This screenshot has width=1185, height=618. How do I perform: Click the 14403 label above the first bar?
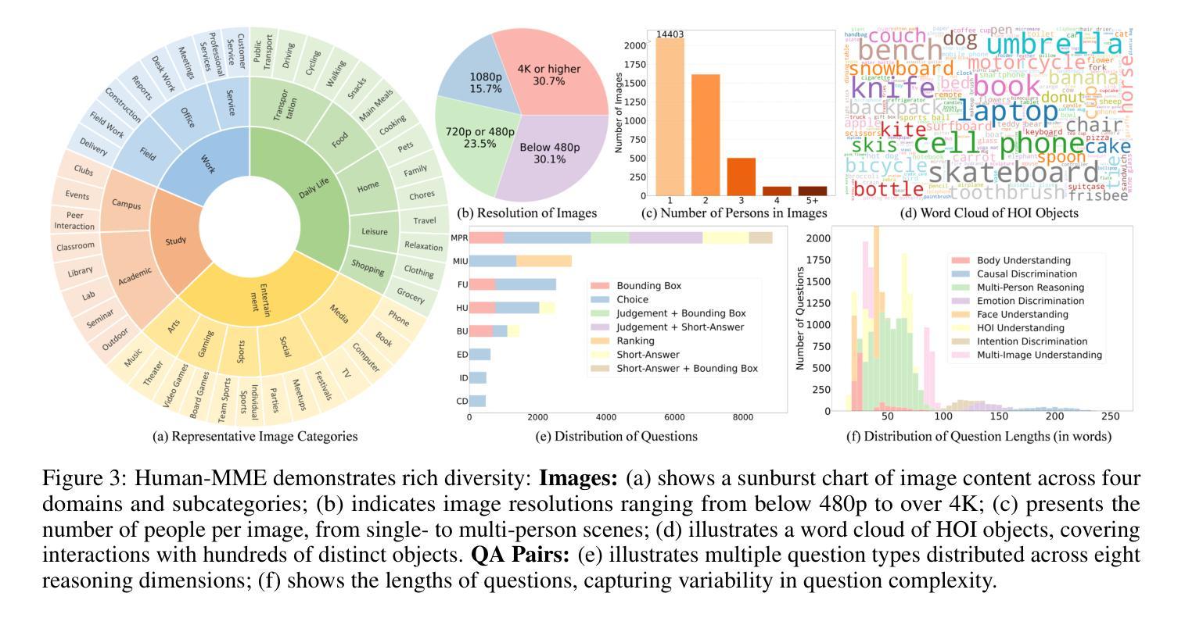click(671, 34)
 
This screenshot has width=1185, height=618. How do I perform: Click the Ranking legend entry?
click(637, 341)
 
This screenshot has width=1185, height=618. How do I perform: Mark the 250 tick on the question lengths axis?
click(1111, 417)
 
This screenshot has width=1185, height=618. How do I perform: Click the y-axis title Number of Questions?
click(799, 318)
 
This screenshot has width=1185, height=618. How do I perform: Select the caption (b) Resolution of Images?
click(527, 213)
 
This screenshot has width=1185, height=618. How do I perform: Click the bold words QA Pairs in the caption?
click(521, 556)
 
